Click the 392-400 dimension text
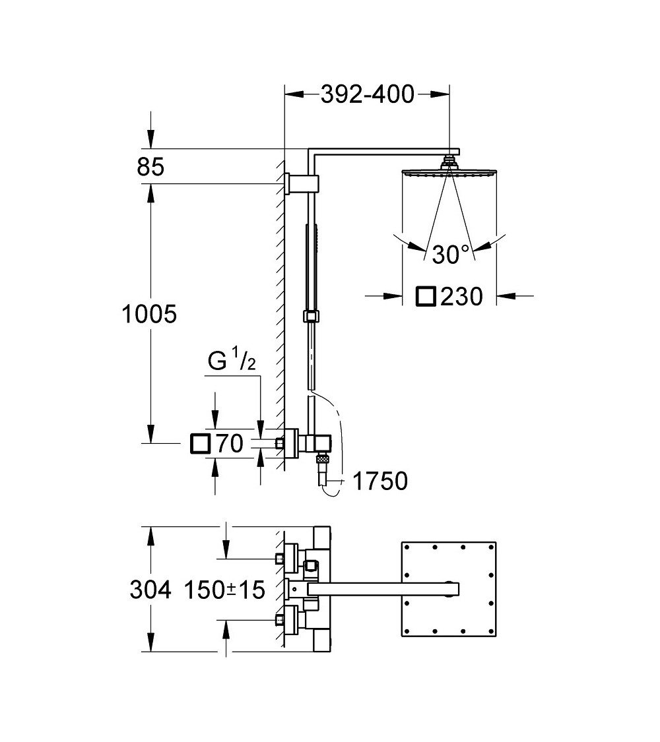(x=367, y=95)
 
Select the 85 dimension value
(x=150, y=168)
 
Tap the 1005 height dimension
(x=150, y=314)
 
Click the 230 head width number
(x=461, y=297)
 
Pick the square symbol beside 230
(x=426, y=297)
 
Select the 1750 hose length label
(x=379, y=482)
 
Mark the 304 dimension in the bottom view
(x=150, y=590)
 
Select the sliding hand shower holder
(x=310, y=316)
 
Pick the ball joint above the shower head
(x=449, y=161)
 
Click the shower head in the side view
(x=449, y=173)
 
